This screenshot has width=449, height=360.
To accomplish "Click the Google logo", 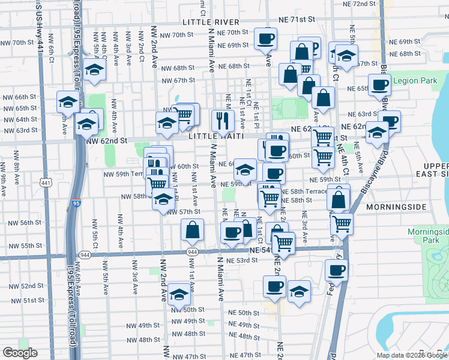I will [20, 353].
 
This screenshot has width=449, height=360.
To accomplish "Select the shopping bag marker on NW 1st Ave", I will [192, 229].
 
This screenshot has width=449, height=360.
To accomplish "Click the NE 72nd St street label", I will [360, 4].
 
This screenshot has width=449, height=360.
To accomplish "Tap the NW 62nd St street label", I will [107, 140].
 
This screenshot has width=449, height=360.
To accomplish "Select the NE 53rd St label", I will [243, 260].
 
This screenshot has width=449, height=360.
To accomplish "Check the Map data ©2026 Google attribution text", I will [412, 355].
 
